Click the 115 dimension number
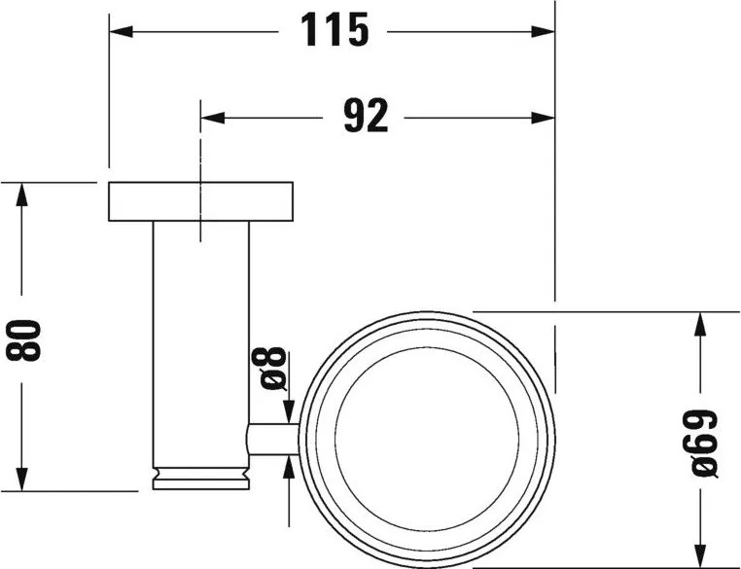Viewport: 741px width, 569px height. click(x=335, y=31)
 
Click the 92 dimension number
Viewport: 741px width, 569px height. click(x=366, y=117)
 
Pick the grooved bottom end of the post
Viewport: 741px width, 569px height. click(x=201, y=478)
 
